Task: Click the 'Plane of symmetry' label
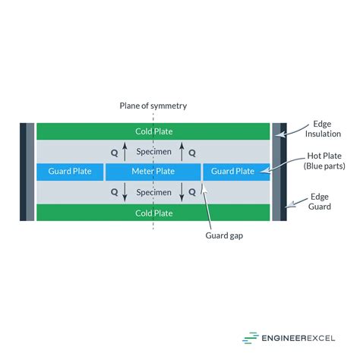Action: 153,106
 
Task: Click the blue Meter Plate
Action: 153,172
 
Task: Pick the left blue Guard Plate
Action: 69,172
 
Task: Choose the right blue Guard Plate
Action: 233,172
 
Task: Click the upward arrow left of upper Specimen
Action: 125,151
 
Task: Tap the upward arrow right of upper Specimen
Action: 182,151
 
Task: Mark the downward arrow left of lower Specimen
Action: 125,192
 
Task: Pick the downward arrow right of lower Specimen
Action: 182,192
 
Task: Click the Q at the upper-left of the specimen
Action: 114,153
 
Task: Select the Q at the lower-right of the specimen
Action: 191,193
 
